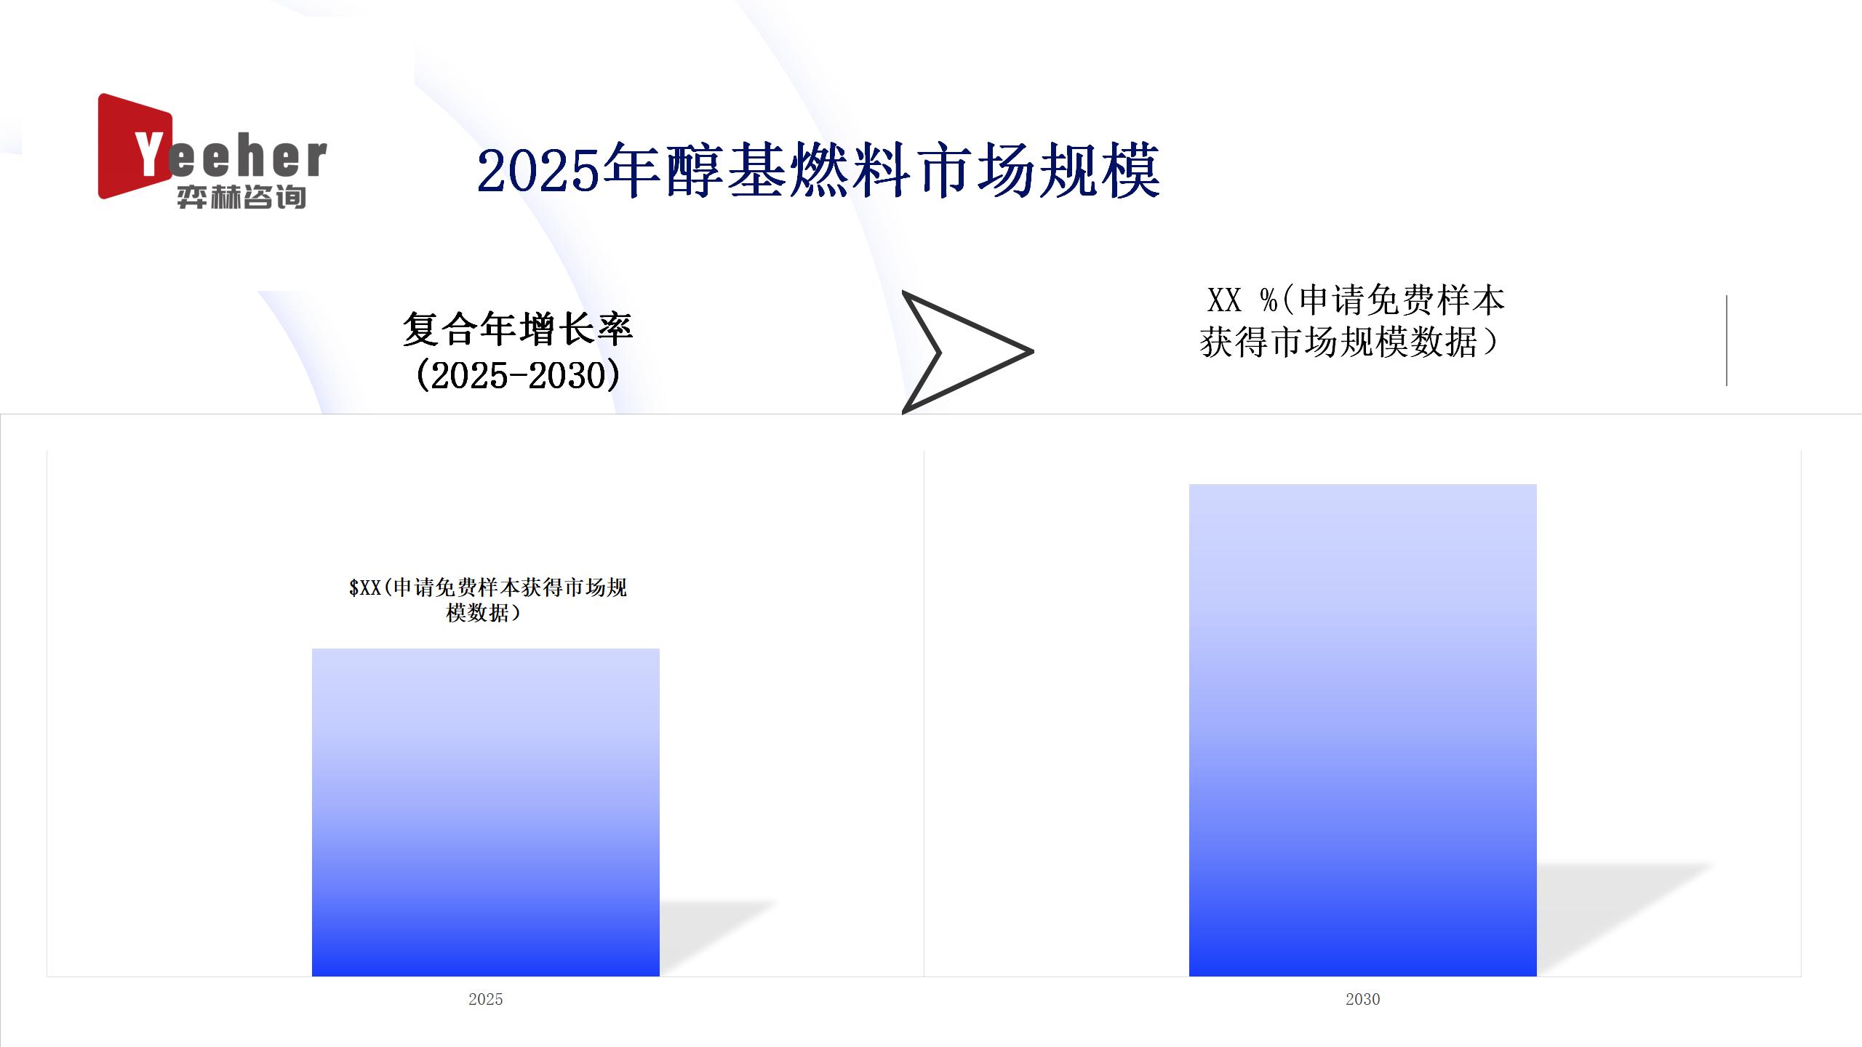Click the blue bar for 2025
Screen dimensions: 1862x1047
coord(486,812)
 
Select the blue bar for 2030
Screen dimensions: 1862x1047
coord(1362,730)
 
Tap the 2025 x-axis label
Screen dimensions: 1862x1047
coord(485,999)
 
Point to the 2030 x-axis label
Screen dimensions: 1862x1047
coord(1362,999)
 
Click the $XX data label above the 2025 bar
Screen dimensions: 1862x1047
coord(487,600)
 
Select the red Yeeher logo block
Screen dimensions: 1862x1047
coord(135,146)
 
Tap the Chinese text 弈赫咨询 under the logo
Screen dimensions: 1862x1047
coord(241,197)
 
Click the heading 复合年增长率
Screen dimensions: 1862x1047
coord(517,329)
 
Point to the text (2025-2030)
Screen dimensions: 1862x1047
coord(517,375)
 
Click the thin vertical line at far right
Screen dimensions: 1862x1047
coord(1726,340)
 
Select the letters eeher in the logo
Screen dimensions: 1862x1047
coord(248,157)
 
